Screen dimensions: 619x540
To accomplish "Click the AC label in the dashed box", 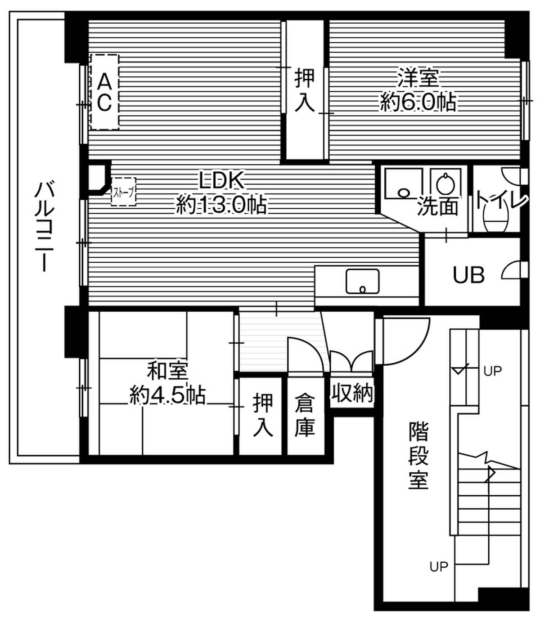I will pos(104,92).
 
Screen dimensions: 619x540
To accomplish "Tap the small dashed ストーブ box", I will pos(123,192).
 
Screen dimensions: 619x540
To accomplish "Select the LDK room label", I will pos(221,181).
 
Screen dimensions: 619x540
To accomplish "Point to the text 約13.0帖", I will pos(221,206).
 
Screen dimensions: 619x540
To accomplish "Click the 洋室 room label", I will pos(418,78).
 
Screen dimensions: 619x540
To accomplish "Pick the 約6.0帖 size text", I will pos(418,103).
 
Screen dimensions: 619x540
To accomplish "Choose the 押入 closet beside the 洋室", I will pos(304,90).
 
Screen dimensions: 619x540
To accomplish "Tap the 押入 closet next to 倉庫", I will pos(262,415).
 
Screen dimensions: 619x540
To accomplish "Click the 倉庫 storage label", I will pos(305,415).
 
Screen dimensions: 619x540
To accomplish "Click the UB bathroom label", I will pos(468,274).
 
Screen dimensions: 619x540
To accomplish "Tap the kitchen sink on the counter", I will pos(362,282).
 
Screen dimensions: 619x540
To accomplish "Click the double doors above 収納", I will pos(351,362).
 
